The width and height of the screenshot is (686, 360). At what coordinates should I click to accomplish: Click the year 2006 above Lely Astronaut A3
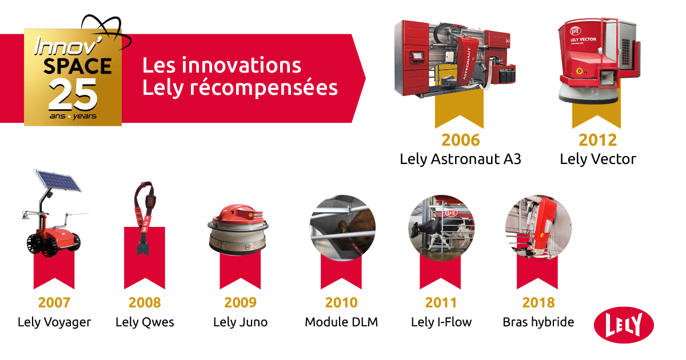460,140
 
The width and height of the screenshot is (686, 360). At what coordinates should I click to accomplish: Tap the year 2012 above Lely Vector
597,140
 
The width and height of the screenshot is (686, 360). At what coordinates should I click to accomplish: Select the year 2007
54,302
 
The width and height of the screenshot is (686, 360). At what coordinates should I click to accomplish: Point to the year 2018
539,302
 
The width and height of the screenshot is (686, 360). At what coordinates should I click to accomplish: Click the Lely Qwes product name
145,322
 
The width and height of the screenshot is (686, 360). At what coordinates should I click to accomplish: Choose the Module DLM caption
341,322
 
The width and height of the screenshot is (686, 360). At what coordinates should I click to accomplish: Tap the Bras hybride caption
538,322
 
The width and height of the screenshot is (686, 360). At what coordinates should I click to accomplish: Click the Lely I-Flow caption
441,322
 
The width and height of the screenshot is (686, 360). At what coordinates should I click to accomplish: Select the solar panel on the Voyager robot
58,181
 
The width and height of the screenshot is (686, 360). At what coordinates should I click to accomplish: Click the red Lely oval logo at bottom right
624,325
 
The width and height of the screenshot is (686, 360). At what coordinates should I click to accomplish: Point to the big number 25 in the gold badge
73,94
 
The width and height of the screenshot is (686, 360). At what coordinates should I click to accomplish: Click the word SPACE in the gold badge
77,66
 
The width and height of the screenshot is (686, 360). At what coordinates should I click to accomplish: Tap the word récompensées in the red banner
264,88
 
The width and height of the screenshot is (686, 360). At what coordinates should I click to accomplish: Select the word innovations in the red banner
241,65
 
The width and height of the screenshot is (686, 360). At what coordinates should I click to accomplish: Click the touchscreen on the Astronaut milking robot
417,57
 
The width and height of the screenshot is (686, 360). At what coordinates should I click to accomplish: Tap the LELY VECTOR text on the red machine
583,39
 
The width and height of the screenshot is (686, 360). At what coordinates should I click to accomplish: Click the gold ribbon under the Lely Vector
596,115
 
